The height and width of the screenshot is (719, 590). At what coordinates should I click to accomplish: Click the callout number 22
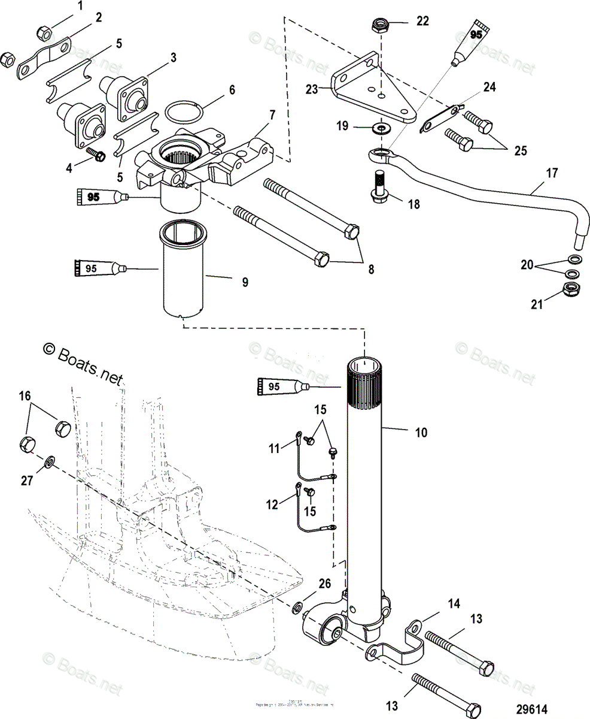point(422,21)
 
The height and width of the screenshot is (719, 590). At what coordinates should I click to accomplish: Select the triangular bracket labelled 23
point(371,90)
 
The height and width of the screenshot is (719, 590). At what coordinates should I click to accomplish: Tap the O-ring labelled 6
point(182,111)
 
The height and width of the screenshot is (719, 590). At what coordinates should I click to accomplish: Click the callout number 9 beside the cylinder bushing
point(245,282)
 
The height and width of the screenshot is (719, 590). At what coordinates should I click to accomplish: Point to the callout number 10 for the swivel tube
point(422,432)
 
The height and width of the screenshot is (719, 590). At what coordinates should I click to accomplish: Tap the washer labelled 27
point(50,461)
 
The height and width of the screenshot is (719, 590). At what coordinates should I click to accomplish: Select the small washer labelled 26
point(296,608)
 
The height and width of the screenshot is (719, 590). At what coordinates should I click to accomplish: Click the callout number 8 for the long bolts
point(371,270)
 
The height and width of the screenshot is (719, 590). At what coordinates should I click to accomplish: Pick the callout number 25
point(519,150)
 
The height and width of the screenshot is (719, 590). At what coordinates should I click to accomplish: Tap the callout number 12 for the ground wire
point(273,505)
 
